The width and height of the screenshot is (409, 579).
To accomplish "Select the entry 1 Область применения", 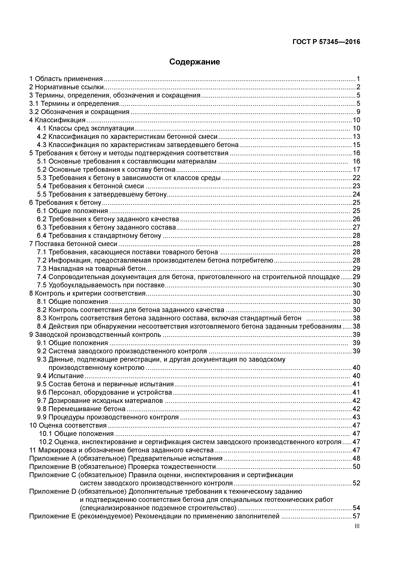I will click(66, 79).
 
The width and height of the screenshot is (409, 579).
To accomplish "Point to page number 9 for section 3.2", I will click(358, 112).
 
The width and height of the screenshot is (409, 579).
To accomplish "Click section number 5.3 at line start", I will click(42, 178).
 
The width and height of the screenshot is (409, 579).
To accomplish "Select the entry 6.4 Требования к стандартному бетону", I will click(99, 236).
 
